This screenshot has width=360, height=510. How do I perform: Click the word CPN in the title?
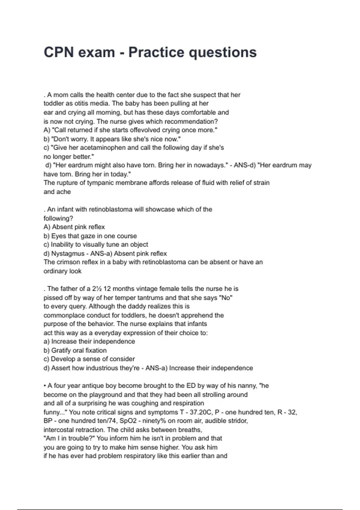pyautogui.click(x=59, y=52)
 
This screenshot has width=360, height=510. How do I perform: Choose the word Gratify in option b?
pyautogui.click(x=61, y=350)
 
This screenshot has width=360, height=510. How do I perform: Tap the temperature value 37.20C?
pyautogui.click(x=201, y=412)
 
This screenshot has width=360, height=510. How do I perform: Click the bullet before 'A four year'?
pyautogui.click(x=45, y=386)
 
